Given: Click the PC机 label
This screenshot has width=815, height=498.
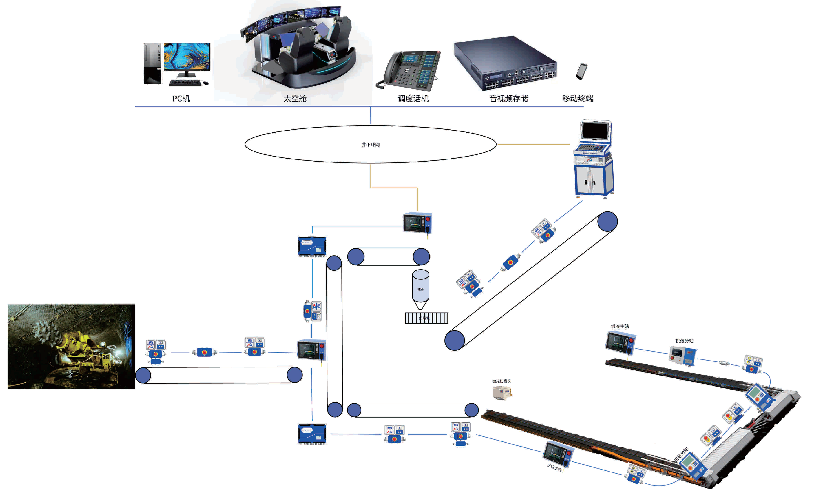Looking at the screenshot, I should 181,99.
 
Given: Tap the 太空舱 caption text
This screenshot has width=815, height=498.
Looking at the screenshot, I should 295,99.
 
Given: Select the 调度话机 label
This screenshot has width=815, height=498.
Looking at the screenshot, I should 413,99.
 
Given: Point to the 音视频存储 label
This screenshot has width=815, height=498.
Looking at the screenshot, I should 509,99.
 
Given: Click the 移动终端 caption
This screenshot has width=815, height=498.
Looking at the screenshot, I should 578,99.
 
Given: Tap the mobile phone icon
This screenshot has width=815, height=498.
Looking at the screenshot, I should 581,71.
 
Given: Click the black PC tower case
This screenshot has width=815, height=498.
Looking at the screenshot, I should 152,63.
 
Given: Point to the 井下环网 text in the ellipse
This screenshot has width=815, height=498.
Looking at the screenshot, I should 370,145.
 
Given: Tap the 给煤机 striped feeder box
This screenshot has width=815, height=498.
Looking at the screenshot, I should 426,318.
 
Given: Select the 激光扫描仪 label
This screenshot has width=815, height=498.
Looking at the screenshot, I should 502,381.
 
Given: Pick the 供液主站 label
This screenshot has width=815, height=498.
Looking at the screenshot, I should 620,326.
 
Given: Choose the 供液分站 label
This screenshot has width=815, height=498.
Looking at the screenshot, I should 684,341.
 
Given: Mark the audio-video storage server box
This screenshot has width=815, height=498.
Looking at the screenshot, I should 505,63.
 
